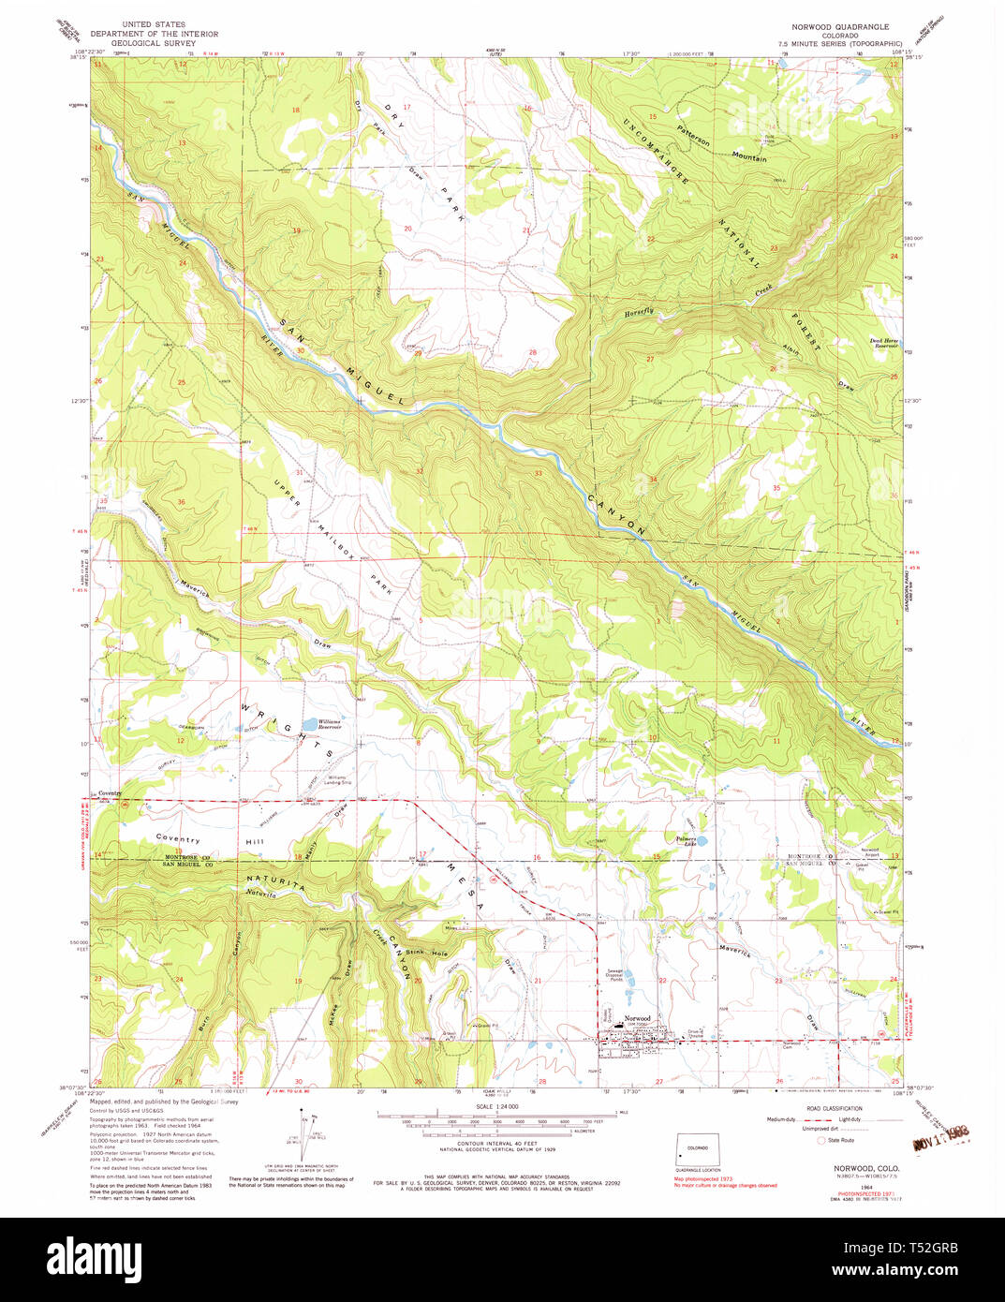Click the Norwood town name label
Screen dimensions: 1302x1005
click(x=638, y=1018)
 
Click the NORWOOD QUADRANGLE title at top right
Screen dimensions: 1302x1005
click(x=839, y=27)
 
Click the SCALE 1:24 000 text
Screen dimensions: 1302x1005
click(x=497, y=1106)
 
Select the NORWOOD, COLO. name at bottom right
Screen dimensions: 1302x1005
click(x=866, y=1168)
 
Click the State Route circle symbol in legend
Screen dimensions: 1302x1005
click(x=823, y=1140)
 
